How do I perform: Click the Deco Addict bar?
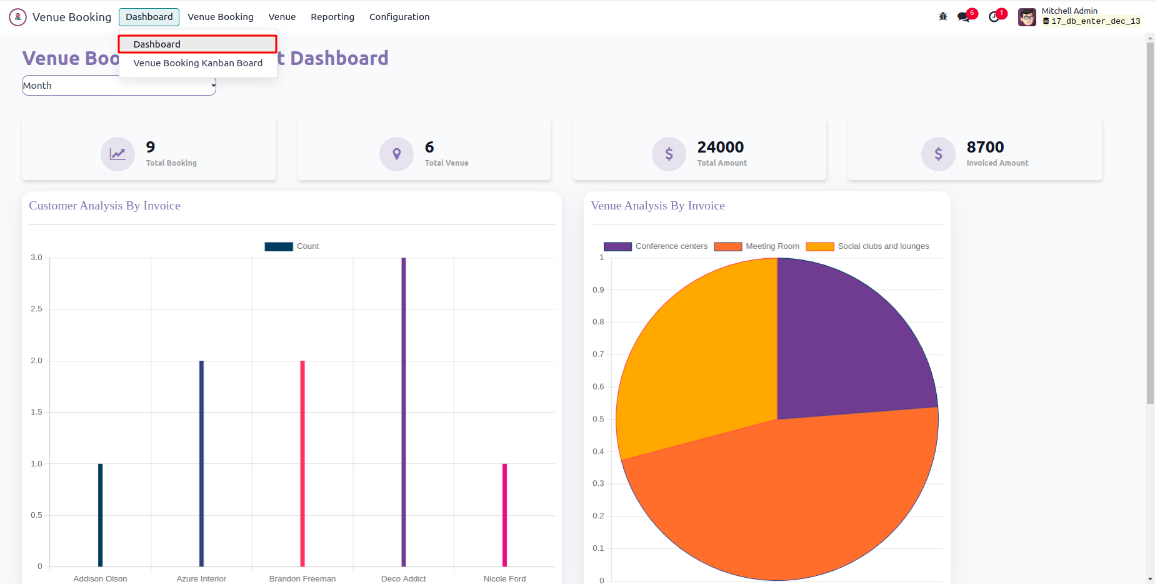pos(404,413)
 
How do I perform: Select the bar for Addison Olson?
pos(100,515)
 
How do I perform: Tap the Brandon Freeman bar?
pos(302,463)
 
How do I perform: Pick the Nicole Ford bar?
pos(504,515)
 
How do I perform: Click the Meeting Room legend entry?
pos(757,246)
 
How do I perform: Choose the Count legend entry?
pos(292,246)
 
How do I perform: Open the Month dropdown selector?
pos(119,86)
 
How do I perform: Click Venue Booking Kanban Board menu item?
pos(197,63)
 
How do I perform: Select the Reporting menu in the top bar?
pos(332,17)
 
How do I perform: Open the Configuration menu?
pos(399,17)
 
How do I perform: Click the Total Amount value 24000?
pos(721,147)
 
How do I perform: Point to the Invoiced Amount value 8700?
pos(985,147)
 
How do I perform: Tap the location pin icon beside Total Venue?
pos(396,154)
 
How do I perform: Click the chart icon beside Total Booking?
pos(117,154)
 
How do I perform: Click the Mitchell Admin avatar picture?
pos(1027,17)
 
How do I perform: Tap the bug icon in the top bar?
pos(942,17)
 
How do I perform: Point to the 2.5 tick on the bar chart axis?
pos(36,309)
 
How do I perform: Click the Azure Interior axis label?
pos(201,578)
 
